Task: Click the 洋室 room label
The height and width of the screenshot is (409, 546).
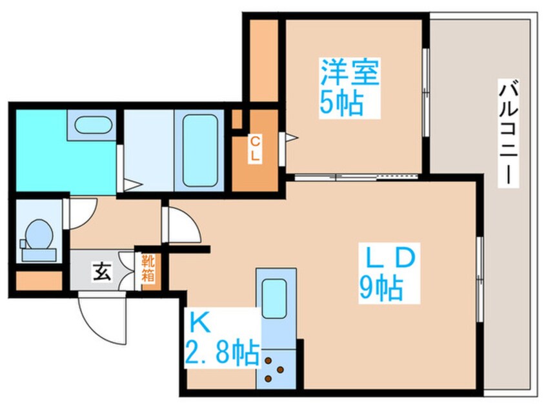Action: coord(349,74)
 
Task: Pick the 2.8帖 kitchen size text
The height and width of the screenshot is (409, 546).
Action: coord(223,353)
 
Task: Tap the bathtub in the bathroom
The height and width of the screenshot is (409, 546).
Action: coord(200,150)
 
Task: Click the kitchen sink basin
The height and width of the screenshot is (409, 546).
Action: coord(274,294)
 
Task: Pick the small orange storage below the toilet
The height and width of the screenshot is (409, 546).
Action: coord(37,281)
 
